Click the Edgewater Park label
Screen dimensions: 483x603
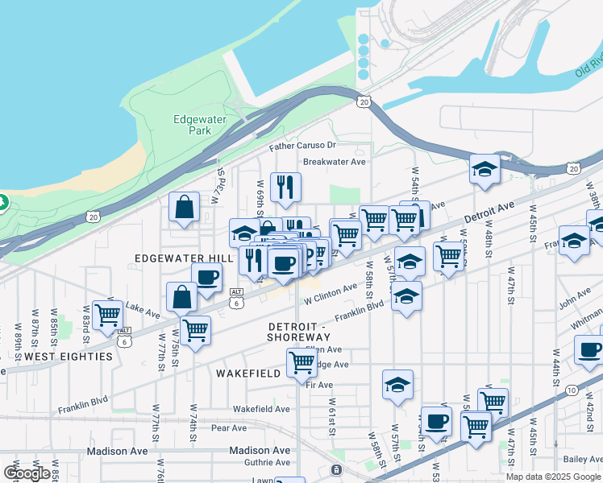click(x=200, y=125)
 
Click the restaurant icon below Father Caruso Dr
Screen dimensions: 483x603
click(x=285, y=188)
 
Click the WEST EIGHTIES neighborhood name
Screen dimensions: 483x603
click(x=68, y=356)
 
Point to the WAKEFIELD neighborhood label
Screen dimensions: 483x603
click(x=247, y=374)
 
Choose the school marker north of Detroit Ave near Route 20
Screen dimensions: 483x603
click(x=484, y=170)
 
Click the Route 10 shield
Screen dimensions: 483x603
click(x=572, y=390)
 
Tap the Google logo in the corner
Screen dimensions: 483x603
click(x=27, y=473)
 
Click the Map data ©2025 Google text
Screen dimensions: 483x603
click(x=552, y=477)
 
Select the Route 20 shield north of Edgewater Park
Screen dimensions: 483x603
click(x=364, y=101)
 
